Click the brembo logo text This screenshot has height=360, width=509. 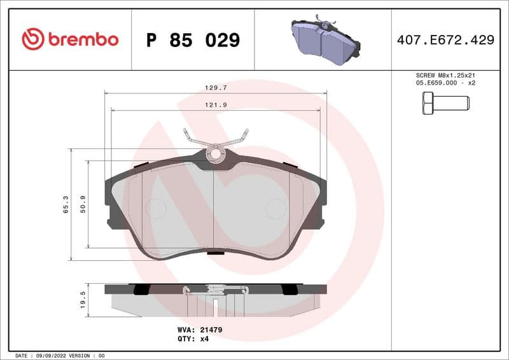pos(83,39)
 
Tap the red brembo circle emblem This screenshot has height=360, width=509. pos(33,39)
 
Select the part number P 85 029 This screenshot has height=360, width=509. pos(193,40)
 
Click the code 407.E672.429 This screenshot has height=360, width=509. pos(445,40)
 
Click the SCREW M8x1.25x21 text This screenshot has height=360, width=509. pos(445,75)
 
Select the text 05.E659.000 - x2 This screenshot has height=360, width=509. pos(445,83)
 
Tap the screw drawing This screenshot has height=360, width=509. pos(445,102)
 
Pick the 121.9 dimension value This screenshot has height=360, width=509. pos(215,105)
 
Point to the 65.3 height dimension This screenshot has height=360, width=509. pos(66,204)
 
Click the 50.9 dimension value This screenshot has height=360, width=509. pos(83,204)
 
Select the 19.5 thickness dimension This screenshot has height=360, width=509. pos(83,300)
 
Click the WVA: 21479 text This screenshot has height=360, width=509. pos(199,330)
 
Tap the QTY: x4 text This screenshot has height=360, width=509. pos(193,339)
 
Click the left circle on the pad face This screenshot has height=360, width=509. pos(155,208)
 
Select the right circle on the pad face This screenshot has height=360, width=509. pos(275,208)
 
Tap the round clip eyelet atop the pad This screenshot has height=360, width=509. pos(215,153)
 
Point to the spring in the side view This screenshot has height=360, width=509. pos(215,291)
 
